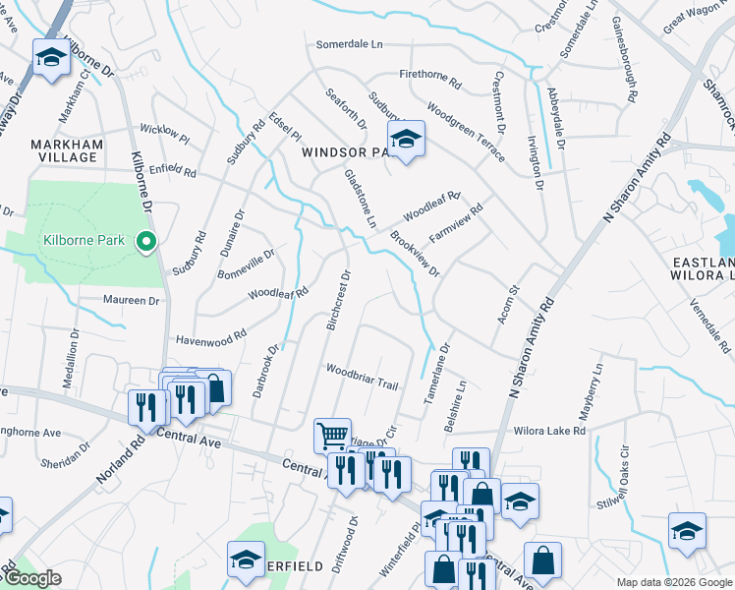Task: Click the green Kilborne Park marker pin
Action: (146, 240)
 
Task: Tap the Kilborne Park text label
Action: (86, 241)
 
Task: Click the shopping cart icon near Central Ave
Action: (332, 434)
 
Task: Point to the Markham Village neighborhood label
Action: (68, 151)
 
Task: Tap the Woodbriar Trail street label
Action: (362, 378)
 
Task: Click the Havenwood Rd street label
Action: (210, 338)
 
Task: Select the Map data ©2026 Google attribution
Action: (673, 582)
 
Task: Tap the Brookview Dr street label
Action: (414, 254)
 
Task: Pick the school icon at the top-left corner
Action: (50, 58)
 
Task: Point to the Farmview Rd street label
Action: (457, 225)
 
